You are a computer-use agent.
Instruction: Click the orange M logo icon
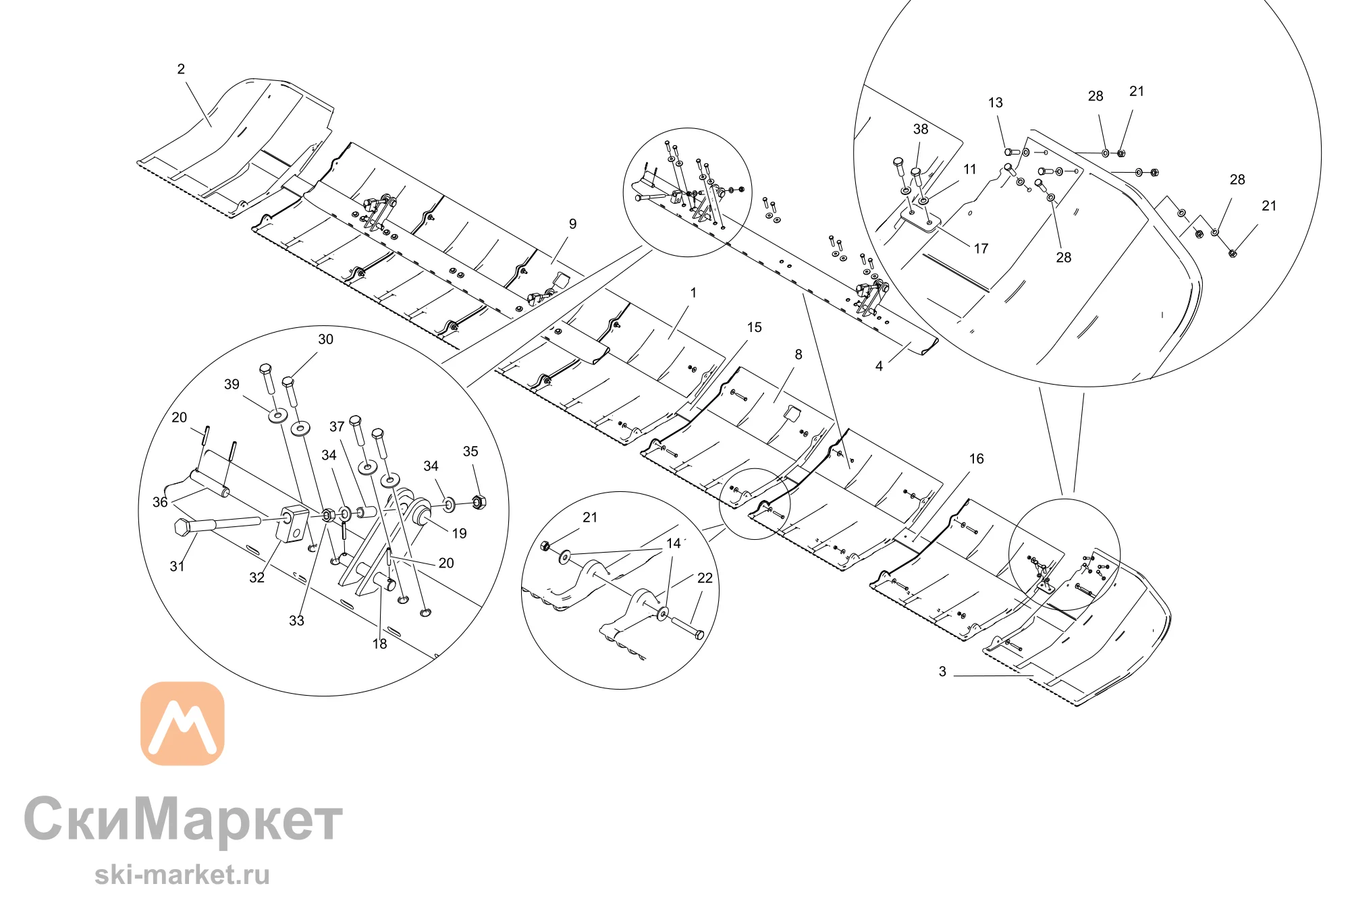pos(182,723)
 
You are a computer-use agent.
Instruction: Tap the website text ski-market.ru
pos(182,875)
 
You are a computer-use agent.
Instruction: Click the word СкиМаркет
pos(184,819)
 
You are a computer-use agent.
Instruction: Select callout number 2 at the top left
pos(181,69)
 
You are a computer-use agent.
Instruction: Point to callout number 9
pos(572,224)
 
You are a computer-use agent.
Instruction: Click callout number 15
pos(754,327)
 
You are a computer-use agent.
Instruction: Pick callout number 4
pos(879,366)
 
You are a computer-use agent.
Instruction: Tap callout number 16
pos(977,459)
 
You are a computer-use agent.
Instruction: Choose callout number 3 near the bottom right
pos(942,671)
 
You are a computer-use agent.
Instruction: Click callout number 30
pos(325,339)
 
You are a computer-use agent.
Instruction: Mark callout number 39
pos(232,384)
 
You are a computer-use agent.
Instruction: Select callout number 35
pos(470,451)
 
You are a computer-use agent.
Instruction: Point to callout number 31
pos(177,566)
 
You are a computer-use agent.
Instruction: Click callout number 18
pos(380,644)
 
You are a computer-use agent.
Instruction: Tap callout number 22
pos(705,578)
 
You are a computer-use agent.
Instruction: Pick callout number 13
pos(996,103)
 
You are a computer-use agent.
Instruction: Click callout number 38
pos(921,129)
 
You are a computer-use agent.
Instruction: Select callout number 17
pos(981,248)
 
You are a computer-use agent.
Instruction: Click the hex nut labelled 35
pos(479,502)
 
